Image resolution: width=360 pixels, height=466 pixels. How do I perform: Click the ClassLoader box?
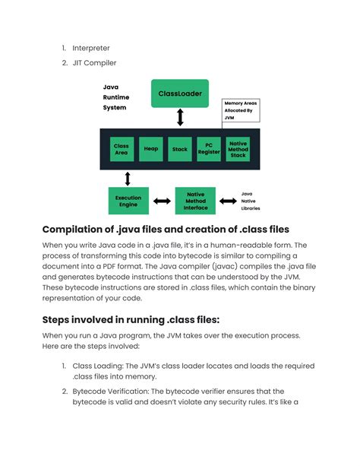[x=180, y=94]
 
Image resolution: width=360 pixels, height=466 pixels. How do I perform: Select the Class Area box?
[x=121, y=149]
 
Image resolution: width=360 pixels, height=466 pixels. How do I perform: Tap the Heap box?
[x=150, y=149]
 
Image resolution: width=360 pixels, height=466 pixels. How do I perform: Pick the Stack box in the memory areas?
[x=179, y=149]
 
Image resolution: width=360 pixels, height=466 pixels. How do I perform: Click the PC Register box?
[x=209, y=149]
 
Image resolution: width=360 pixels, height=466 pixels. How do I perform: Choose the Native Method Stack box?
[x=238, y=149]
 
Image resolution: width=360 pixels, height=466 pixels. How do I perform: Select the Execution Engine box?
[x=128, y=201]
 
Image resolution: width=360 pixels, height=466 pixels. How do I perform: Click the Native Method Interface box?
[x=195, y=201]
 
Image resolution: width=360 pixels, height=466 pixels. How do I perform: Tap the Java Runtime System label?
[x=115, y=97]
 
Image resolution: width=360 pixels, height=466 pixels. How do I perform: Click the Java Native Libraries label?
[x=251, y=201]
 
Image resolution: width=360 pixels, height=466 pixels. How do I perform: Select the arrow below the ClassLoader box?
[x=180, y=117]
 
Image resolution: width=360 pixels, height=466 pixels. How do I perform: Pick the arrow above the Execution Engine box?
[x=128, y=178]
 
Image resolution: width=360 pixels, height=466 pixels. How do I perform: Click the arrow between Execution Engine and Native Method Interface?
[x=162, y=201]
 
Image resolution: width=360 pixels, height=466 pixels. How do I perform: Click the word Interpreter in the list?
[x=92, y=48]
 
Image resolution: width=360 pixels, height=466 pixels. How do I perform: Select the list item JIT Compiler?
[x=94, y=63]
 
